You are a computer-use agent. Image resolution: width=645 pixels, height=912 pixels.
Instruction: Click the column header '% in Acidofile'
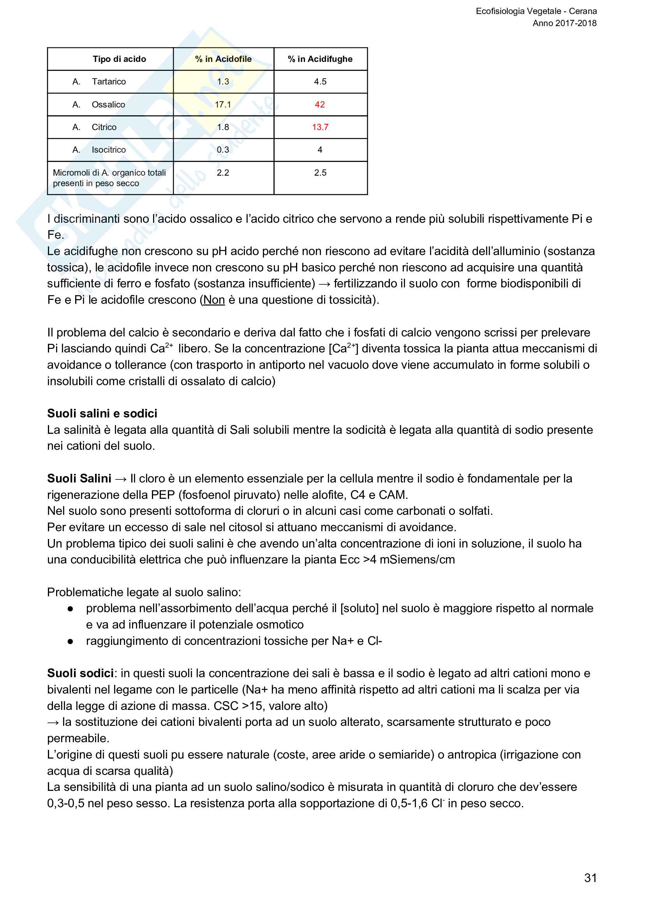223,59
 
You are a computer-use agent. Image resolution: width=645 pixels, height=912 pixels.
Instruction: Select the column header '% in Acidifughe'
320,59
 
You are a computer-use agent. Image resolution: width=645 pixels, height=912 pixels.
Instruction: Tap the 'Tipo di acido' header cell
119,59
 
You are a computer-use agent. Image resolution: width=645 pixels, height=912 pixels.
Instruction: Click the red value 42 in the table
320,104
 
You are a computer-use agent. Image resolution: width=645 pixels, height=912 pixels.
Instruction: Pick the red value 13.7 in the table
320,127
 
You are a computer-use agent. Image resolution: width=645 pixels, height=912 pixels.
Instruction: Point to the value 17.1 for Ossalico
223,104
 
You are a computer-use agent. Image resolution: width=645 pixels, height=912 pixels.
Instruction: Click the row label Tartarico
109,82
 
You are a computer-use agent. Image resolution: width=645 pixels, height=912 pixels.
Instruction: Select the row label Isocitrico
109,150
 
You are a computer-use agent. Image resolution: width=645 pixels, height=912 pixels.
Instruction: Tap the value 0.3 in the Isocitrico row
223,150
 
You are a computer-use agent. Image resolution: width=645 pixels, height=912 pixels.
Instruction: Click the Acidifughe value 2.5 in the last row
320,173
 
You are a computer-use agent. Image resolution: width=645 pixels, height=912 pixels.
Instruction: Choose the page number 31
590,877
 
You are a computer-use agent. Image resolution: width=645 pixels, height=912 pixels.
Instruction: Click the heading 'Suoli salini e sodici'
102,414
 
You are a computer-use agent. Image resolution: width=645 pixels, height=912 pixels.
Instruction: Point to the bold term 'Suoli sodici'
80,673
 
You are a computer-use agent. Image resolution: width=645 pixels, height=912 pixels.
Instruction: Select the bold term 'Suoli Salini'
79,478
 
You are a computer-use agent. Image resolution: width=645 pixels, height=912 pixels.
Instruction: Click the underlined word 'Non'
214,300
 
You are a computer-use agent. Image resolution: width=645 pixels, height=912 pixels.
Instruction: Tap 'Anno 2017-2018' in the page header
564,23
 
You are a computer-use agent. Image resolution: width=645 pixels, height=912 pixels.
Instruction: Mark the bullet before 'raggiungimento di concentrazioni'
70,641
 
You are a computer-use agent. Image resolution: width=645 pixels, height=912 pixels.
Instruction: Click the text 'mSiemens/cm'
417,560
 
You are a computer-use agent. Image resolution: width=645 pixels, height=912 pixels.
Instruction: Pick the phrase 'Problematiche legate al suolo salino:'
144,592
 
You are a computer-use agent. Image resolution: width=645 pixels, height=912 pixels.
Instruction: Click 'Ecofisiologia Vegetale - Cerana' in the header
536,11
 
